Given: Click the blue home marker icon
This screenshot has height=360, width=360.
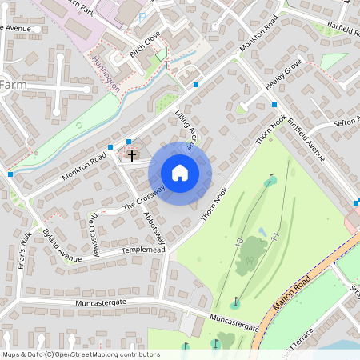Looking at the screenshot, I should click(x=180, y=173).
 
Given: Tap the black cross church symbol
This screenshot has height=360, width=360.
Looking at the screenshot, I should click(x=132, y=154).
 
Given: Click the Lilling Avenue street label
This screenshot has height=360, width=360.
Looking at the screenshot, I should click(x=186, y=129).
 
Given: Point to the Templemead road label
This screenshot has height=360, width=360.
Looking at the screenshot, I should click(x=142, y=250).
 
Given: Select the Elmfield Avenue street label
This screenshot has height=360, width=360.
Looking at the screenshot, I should click(x=307, y=138).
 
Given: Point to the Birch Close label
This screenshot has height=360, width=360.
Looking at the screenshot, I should click(x=144, y=46).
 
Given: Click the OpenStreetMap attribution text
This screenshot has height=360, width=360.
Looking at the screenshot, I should click(x=81, y=354).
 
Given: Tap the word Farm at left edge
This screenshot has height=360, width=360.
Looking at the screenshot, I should click(x=13, y=85).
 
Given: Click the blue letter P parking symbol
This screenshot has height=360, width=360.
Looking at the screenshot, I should click(x=142, y=16).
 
